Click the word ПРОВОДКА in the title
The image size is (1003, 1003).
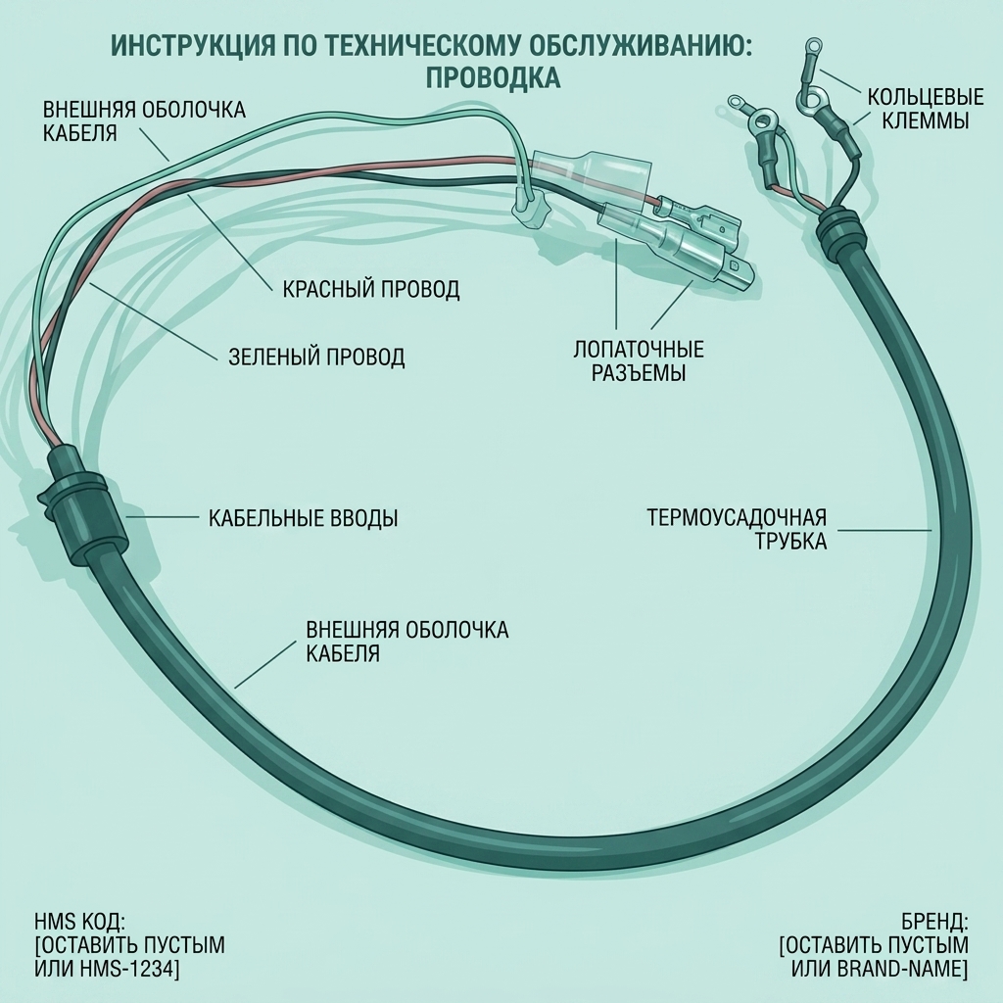pyautogui.click(x=493, y=77)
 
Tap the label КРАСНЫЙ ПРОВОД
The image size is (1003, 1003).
pyautogui.click(x=371, y=289)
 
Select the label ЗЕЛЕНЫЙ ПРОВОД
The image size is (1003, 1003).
pyautogui.click(x=316, y=357)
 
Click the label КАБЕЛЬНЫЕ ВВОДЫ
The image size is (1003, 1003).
pyautogui.click(x=304, y=517)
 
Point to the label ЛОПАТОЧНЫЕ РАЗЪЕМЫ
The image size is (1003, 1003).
pyautogui.click(x=639, y=360)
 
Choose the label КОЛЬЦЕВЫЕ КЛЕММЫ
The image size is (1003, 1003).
pyautogui.click(x=925, y=109)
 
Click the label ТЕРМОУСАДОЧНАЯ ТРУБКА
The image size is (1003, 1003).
pyautogui.click(x=737, y=529)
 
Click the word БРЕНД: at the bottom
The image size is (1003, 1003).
pyautogui.click(x=934, y=922)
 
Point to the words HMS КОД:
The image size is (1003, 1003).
pyautogui.click(x=80, y=922)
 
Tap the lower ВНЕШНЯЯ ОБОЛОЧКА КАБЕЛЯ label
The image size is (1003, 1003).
pyautogui.click(x=406, y=642)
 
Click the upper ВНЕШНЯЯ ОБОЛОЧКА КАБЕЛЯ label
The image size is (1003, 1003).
pyautogui.click(x=145, y=120)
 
